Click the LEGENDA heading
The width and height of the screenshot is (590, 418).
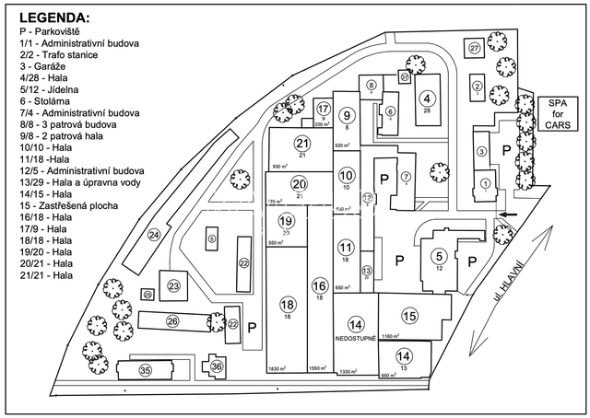pyautogui.click(x=54, y=17)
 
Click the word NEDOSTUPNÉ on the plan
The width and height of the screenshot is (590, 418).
pyautogui.click(x=356, y=340)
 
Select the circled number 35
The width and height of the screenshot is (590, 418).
pyautogui.click(x=145, y=370)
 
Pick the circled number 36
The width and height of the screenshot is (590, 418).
pyautogui.click(x=217, y=366)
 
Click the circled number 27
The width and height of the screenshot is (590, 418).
pyautogui.click(x=475, y=48)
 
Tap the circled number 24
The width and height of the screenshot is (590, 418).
pyautogui.click(x=154, y=236)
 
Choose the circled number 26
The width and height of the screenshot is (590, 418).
pyautogui.click(x=172, y=320)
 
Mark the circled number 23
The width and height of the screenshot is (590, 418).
pyautogui.click(x=172, y=287)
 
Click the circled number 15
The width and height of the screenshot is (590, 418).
pyautogui.click(x=409, y=316)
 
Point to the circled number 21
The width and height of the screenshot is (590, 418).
pyautogui.click(x=301, y=144)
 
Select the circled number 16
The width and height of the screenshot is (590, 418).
pyautogui.click(x=319, y=285)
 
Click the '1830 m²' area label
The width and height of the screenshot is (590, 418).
pyautogui.click(x=277, y=368)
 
